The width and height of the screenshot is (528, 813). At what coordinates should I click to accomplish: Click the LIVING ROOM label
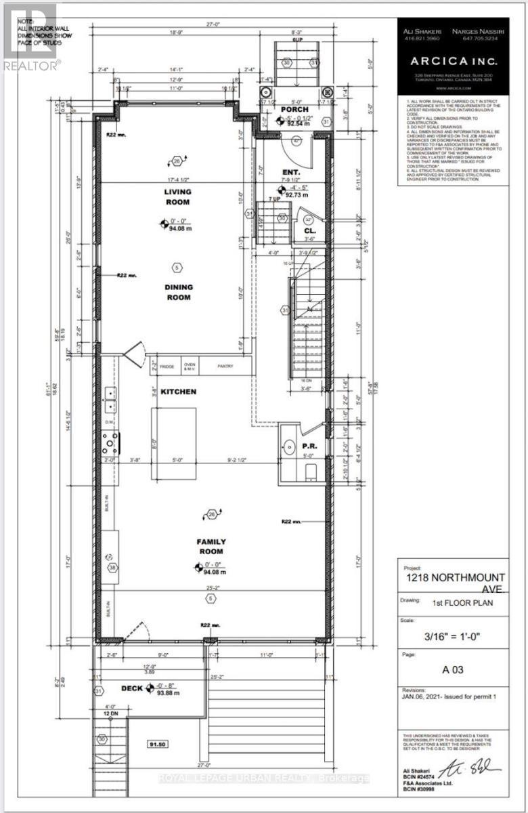coord(175,197)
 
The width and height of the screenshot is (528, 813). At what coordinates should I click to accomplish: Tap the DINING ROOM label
coord(177,291)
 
